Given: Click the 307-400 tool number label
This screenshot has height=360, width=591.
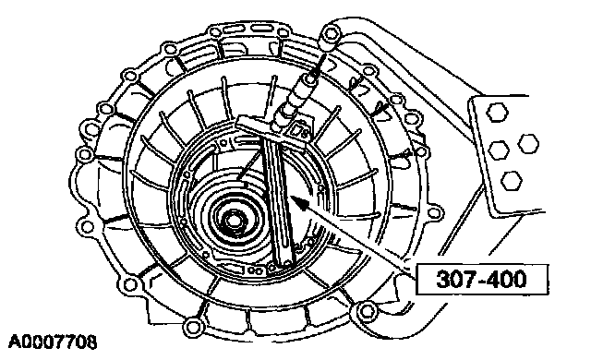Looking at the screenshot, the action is click(x=481, y=280).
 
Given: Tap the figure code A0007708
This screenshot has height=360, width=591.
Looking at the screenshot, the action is click(x=53, y=342).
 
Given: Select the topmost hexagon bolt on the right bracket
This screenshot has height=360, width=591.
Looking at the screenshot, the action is click(x=497, y=113).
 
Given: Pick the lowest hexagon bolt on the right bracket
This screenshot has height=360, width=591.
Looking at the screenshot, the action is click(x=512, y=181).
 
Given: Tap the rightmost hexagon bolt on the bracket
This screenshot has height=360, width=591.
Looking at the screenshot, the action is click(x=528, y=143).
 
